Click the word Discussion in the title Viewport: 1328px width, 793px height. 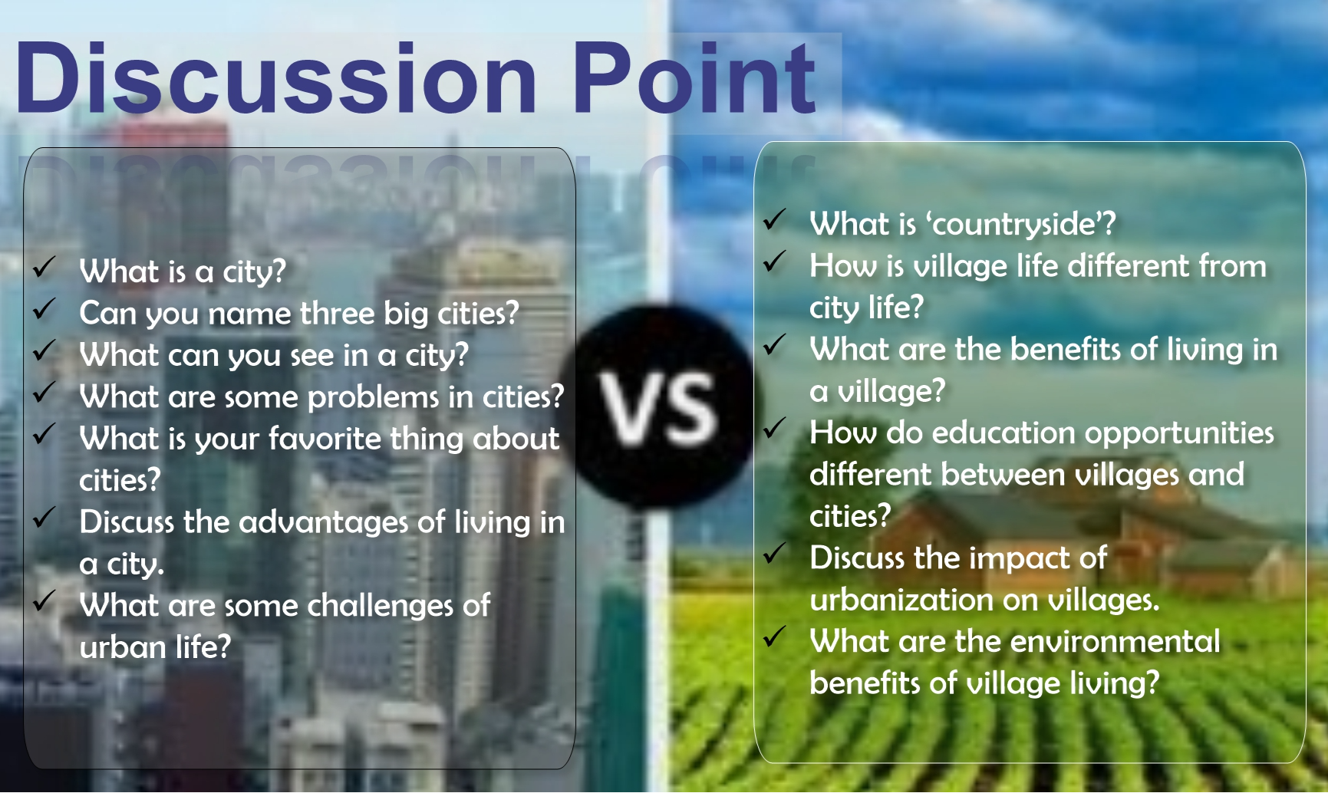[276, 77]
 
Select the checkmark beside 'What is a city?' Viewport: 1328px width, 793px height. [44, 267]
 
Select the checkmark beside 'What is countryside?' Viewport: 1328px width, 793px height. [774, 219]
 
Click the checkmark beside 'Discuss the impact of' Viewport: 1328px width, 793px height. [774, 553]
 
